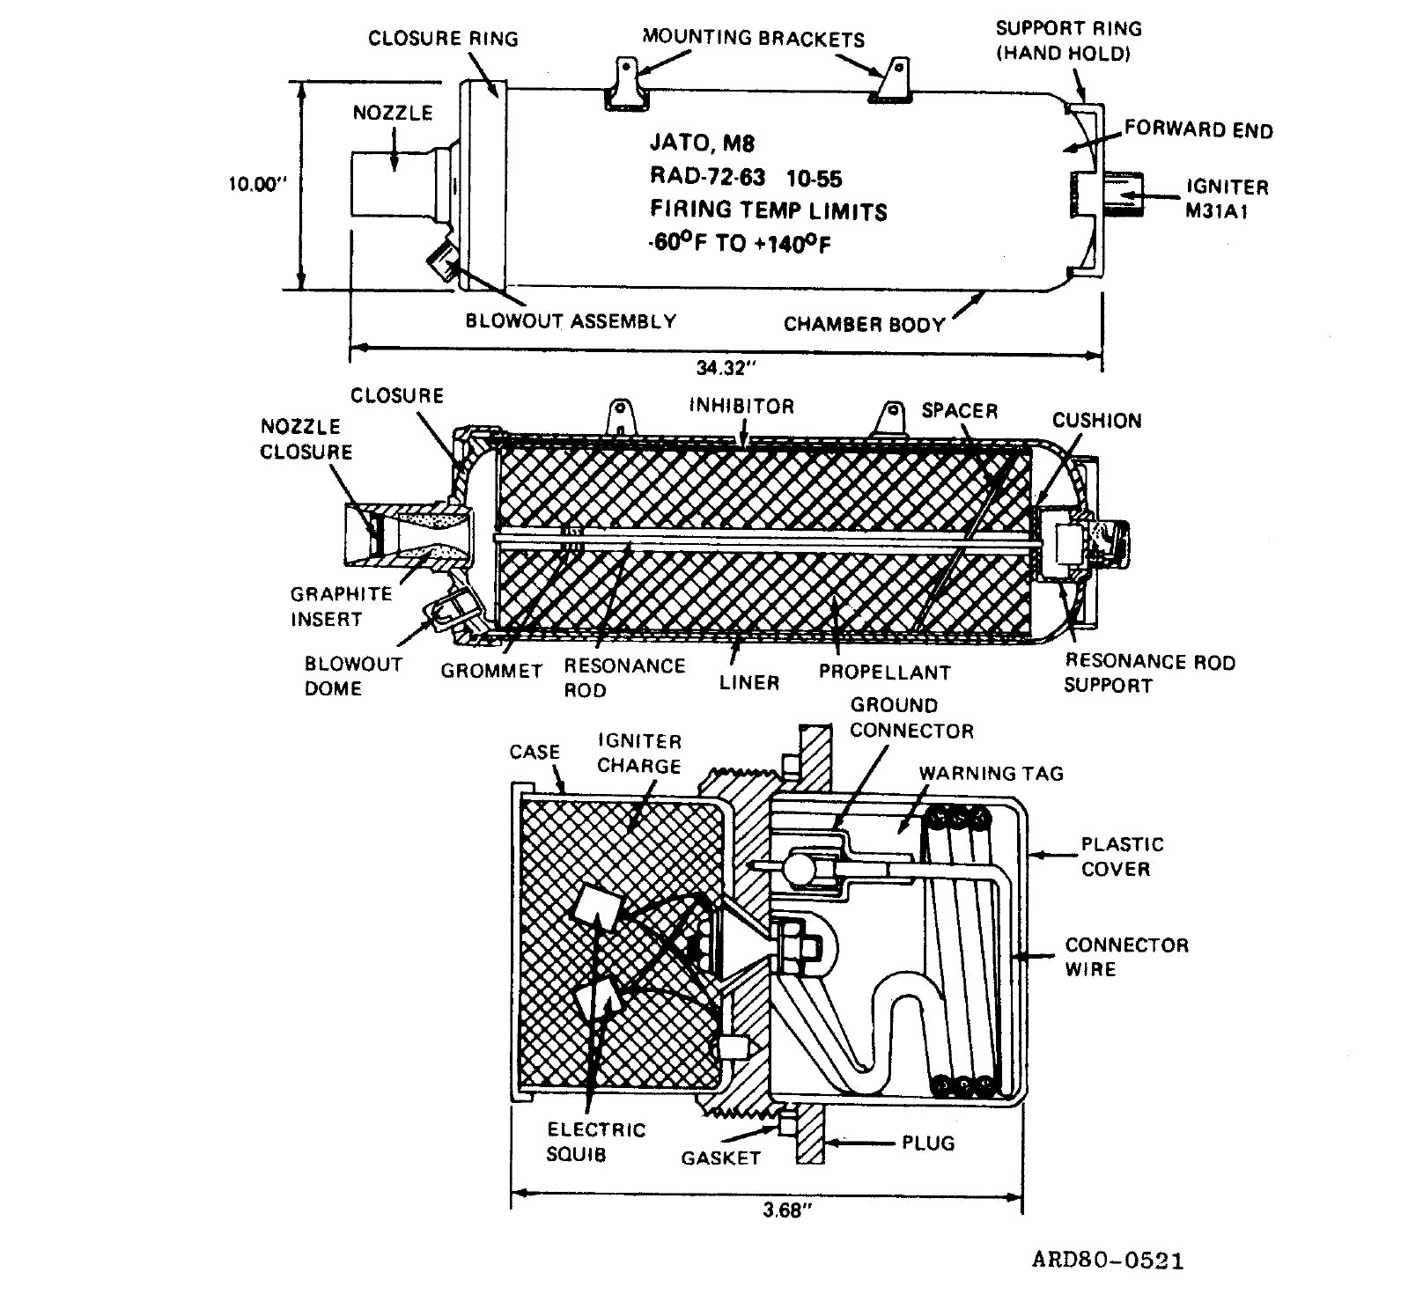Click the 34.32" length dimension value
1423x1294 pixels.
pyautogui.click(x=720, y=369)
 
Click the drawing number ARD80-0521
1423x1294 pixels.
pyautogui.click(x=1108, y=1260)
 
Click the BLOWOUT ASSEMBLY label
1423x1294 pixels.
pyautogui.click(x=571, y=320)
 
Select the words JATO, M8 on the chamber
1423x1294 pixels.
pyautogui.click(x=702, y=143)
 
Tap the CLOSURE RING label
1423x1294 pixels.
pyautogui.click(x=443, y=39)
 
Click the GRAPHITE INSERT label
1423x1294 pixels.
pyautogui.click(x=341, y=607)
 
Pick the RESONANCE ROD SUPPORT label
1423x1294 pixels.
pyautogui.click(x=1149, y=673)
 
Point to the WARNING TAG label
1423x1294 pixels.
pyautogui.click(x=992, y=774)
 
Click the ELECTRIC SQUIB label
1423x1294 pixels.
pyautogui.click(x=596, y=1142)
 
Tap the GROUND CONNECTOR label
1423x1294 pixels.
pyautogui.click(x=911, y=718)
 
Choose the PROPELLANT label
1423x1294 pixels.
pyautogui.click(x=884, y=673)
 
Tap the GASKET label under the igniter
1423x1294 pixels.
pyautogui.click(x=720, y=1158)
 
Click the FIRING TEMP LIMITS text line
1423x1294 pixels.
pyautogui.click(x=769, y=210)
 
